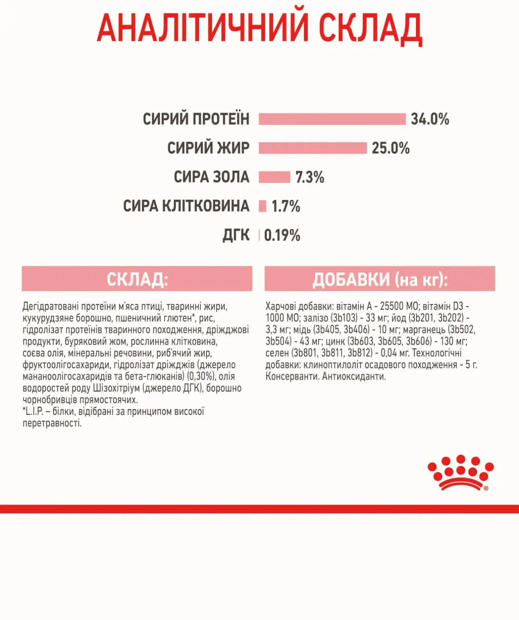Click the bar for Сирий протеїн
pos(332,119)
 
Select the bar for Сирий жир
pos(313,148)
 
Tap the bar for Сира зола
pos(274,177)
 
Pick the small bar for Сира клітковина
pos(262,206)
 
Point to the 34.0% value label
pos(430,119)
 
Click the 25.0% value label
pos(390,148)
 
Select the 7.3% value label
pos(309,177)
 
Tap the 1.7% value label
pos(286,206)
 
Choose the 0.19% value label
pos(282,235)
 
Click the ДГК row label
pos(236,235)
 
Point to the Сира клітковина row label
pos(186,206)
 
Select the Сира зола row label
pos(212,177)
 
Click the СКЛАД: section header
pos(137,279)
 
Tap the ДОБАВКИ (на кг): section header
pos(380,279)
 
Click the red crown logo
pos(460,473)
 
